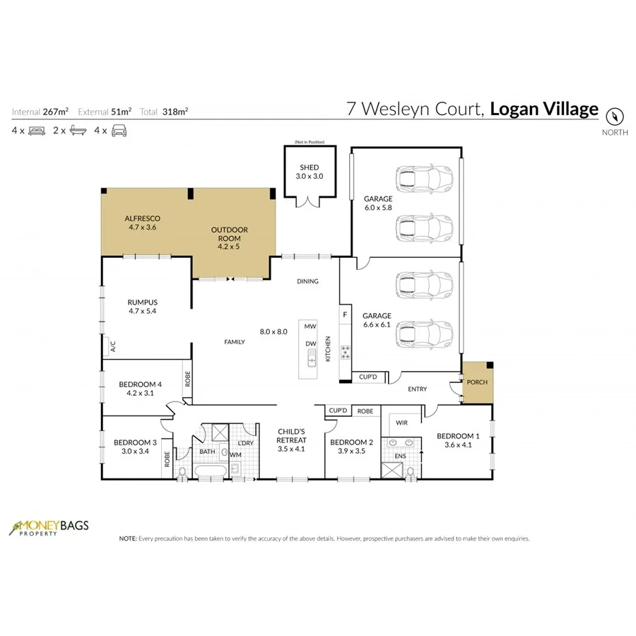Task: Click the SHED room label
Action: (x=310, y=168)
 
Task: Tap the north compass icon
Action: (x=615, y=115)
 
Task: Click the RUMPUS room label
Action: (x=141, y=300)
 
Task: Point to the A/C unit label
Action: (x=112, y=346)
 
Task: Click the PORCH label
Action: (x=474, y=382)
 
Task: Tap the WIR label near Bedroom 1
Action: (x=401, y=423)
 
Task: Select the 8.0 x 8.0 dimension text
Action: (x=273, y=331)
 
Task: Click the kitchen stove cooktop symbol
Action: (x=346, y=351)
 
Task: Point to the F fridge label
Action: (x=345, y=314)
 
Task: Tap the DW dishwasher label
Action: (x=310, y=344)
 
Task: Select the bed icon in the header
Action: (x=37, y=131)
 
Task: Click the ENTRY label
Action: (x=417, y=389)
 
